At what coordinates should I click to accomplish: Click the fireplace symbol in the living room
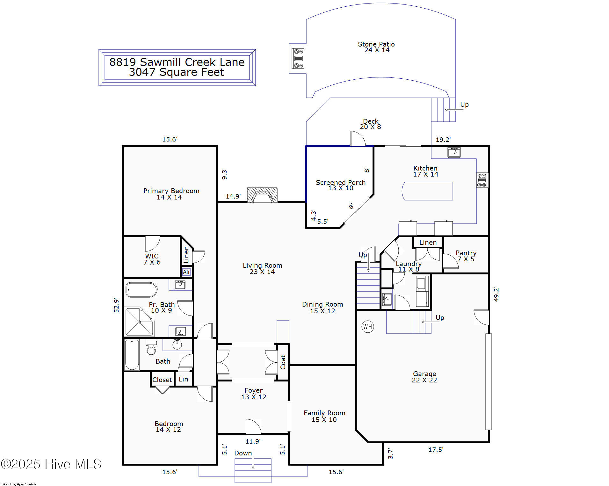pos(262,195)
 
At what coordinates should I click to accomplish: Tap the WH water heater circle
pos(367,327)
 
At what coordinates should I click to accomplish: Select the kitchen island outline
pos(427,191)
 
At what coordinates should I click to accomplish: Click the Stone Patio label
pos(376,44)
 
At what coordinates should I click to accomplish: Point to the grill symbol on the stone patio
pos(298,58)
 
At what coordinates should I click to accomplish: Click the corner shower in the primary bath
pos(139,322)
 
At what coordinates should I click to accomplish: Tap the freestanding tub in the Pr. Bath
pos(141,290)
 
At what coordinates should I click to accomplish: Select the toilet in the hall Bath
pos(151,348)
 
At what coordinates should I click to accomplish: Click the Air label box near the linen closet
pos(186,272)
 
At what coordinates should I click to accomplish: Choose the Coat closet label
pos(283,362)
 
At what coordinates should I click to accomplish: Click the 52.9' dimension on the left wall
pos(116,305)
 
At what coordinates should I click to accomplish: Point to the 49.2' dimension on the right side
pos(496,294)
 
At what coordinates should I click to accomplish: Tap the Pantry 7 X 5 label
pos(466,256)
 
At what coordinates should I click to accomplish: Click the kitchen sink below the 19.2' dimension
pos(454,152)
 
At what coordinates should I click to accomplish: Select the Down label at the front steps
pos(243,453)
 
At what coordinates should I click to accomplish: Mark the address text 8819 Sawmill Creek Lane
pos(177,62)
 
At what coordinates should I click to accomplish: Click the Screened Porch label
pos(340,183)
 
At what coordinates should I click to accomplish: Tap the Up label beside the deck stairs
pos(464,105)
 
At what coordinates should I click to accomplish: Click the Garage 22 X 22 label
pos(424,377)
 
